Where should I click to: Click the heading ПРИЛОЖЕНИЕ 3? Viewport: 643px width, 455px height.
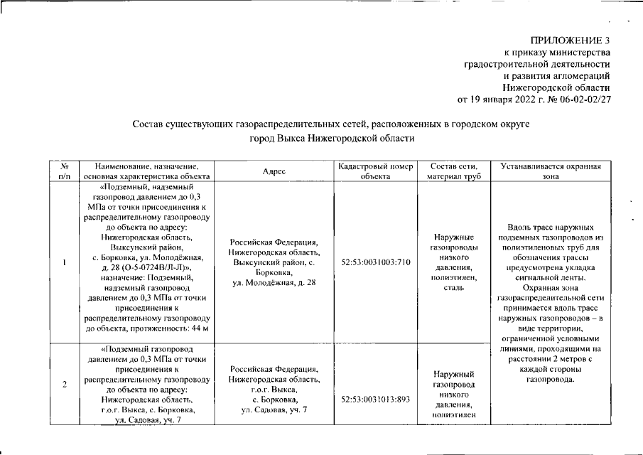tap(570, 40)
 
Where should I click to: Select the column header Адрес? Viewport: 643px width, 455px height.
tap(274, 172)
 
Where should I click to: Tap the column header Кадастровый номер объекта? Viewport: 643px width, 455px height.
tap(376, 172)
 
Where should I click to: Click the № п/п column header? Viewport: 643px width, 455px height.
tap(65, 172)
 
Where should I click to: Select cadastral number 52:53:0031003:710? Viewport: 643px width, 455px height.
tap(376, 262)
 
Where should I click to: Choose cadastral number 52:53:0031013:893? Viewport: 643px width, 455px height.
tap(376, 400)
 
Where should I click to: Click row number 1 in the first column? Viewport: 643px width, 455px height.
tap(65, 262)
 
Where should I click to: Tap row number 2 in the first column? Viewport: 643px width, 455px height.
tap(65, 385)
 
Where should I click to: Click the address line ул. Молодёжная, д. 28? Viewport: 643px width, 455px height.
tap(274, 282)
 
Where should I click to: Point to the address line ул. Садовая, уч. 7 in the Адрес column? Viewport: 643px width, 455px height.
tap(274, 410)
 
